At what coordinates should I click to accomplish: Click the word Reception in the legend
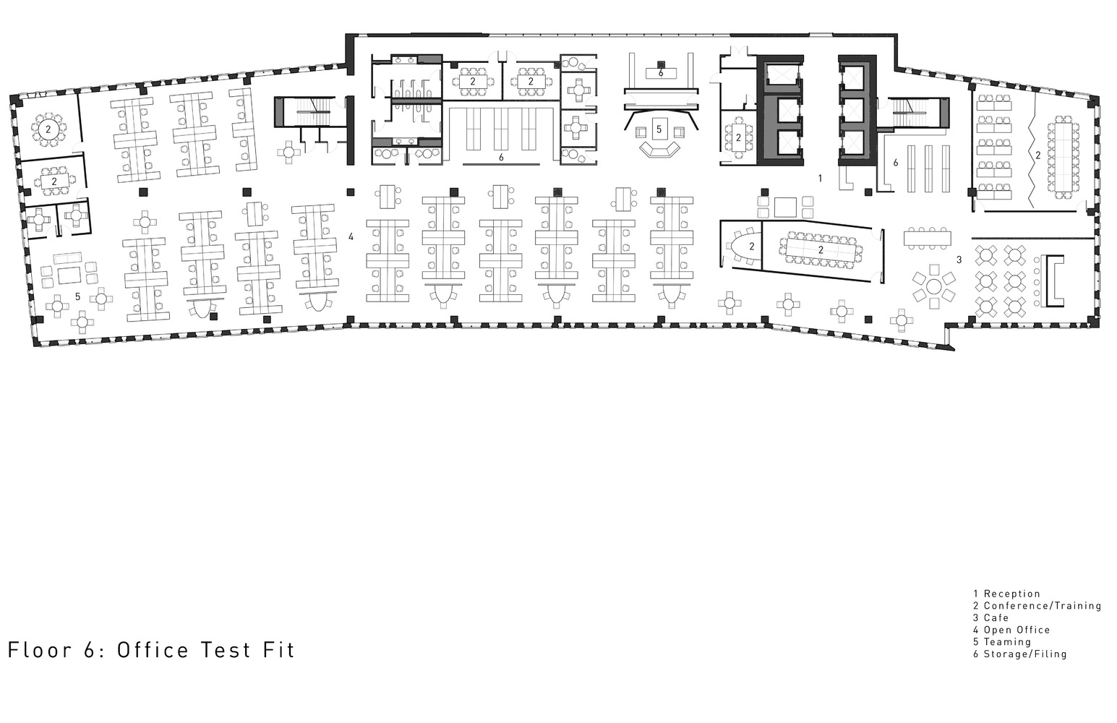pyautogui.click(x=1011, y=594)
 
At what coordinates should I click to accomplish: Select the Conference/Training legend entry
pyautogui.click(x=1042, y=606)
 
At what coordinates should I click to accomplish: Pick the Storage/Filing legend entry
pyautogui.click(x=1024, y=654)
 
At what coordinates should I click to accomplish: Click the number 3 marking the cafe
pyautogui.click(x=959, y=260)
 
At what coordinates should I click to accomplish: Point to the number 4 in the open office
pyautogui.click(x=351, y=236)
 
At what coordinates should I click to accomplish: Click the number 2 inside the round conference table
pyautogui.click(x=48, y=129)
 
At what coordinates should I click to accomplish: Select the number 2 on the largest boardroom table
pyautogui.click(x=821, y=249)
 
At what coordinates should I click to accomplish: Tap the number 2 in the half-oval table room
pyautogui.click(x=751, y=247)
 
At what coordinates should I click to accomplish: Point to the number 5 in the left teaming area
pyautogui.click(x=77, y=296)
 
